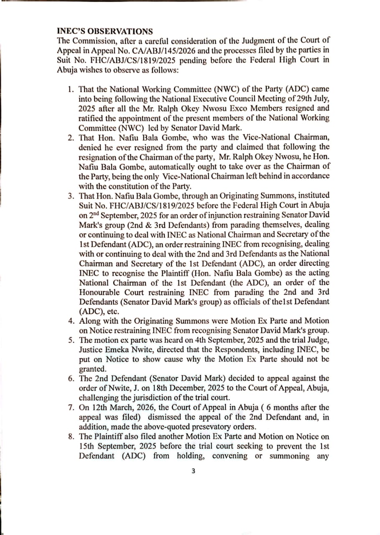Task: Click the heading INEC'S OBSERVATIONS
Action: pyautogui.click(x=105, y=31)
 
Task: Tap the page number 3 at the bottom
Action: pyautogui.click(x=193, y=471)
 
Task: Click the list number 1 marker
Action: pyautogui.click(x=71, y=89)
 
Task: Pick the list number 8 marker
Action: pyautogui.click(x=71, y=437)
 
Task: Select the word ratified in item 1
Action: pyautogui.click(x=92, y=118)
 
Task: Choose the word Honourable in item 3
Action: pyautogui.click(x=99, y=292)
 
